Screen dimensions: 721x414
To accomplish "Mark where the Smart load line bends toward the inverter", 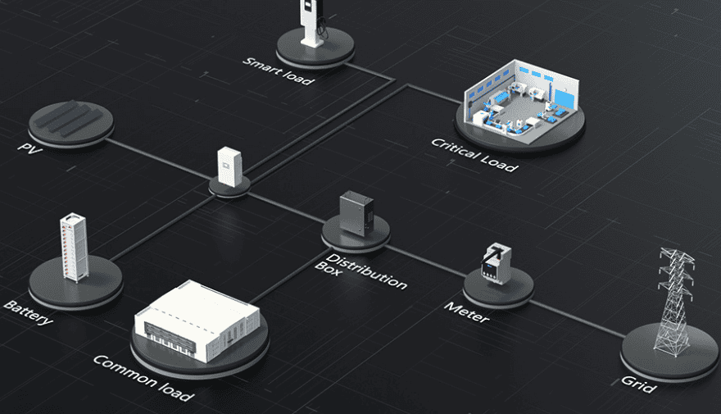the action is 394,80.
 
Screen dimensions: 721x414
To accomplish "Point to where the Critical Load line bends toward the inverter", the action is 407,85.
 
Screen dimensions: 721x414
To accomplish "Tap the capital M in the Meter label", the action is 453,307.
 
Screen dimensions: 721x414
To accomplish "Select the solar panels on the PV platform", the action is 70,118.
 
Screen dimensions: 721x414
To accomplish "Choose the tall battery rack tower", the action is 74,247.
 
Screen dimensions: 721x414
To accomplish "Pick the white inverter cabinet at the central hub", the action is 229,166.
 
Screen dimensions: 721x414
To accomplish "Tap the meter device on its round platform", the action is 496,263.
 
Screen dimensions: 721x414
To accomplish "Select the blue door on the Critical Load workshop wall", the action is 565,99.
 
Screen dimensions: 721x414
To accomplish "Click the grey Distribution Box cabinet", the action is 356,214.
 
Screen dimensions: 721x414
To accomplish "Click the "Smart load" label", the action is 279,71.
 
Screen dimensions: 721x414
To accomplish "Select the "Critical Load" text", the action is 474,155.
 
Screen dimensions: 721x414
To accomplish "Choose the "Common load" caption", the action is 143,378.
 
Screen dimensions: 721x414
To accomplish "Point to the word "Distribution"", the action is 367,271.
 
